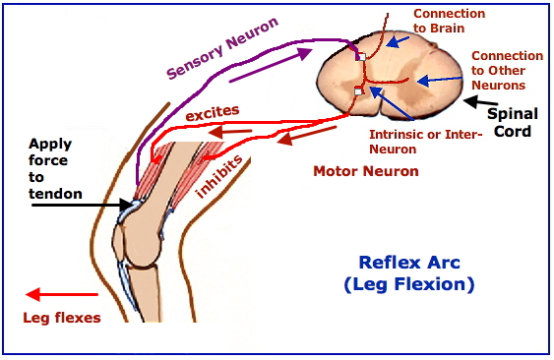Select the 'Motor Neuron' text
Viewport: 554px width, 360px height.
click(365, 171)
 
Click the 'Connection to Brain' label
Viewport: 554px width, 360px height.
click(449, 21)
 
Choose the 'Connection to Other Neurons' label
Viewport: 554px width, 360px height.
click(507, 72)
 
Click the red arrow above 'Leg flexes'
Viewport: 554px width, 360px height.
click(62, 294)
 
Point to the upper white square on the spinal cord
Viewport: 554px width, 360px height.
click(362, 57)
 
